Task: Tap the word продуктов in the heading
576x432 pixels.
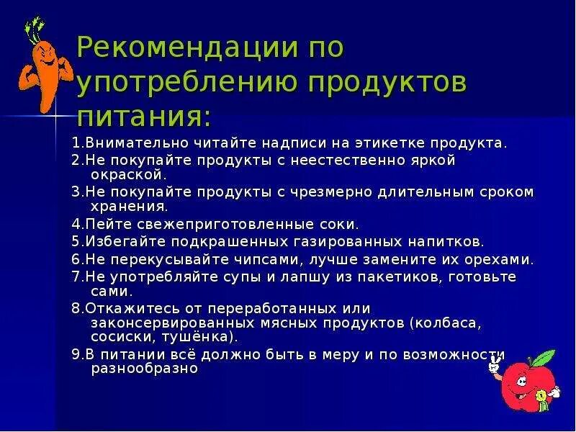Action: pos(388,83)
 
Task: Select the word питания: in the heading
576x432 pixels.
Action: pos(144,116)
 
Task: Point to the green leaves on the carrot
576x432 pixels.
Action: pos(32,30)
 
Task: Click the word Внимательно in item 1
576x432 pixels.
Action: pos(127,143)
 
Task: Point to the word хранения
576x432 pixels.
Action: pos(130,205)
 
